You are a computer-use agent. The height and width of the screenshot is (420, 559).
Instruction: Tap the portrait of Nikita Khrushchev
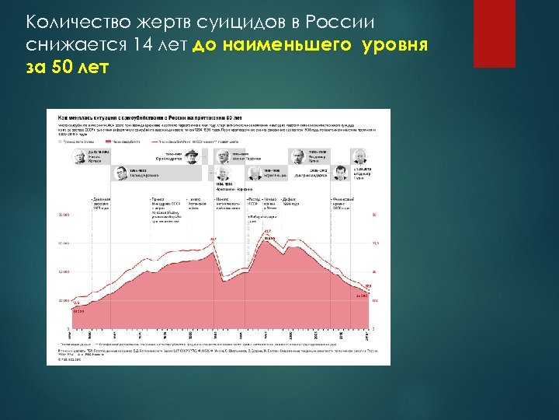79,156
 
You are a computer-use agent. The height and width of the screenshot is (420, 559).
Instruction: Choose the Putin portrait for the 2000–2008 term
297,157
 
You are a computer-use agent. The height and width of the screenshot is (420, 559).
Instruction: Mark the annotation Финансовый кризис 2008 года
344,204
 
